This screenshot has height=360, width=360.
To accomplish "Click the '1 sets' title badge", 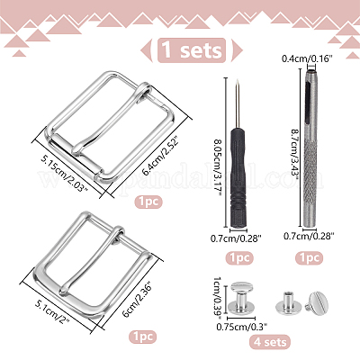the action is click(x=192, y=50).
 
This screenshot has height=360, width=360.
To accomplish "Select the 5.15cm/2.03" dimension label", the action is click(x=65, y=175).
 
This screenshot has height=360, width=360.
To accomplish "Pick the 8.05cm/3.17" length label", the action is click(x=218, y=167).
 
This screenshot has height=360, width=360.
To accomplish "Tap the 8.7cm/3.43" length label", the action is click(x=294, y=154).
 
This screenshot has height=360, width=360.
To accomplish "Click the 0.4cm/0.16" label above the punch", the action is click(x=307, y=58).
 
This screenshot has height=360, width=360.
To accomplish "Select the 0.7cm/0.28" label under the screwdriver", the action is click(x=236, y=238).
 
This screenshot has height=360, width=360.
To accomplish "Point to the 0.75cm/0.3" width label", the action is click(x=242, y=326).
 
